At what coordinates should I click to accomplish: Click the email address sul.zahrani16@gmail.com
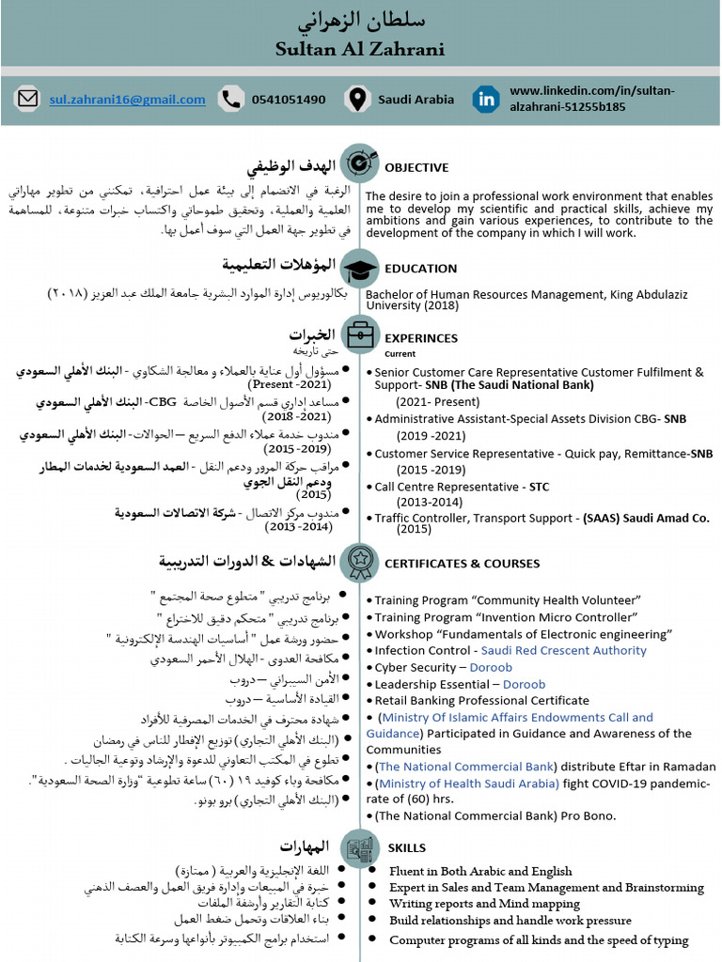[x=127, y=100]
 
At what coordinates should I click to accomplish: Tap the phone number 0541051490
[x=289, y=100]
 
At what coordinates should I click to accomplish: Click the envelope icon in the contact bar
[x=28, y=99]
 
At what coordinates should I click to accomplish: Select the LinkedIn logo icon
[x=486, y=99]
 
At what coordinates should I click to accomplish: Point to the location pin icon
[x=356, y=99]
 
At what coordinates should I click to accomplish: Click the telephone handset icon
[x=229, y=99]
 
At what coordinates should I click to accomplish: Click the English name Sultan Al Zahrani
[x=360, y=49]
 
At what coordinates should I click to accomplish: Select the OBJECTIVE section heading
[x=416, y=167]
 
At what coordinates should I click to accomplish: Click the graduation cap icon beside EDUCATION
[x=359, y=270]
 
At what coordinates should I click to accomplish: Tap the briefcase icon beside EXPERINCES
[x=359, y=334]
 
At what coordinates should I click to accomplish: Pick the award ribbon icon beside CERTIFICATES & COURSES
[x=359, y=562]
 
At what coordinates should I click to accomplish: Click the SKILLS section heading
[x=407, y=847]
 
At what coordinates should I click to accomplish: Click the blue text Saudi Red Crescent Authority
[x=563, y=650]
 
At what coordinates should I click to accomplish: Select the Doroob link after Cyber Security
[x=491, y=667]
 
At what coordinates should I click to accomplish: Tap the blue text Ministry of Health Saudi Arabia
[x=467, y=783]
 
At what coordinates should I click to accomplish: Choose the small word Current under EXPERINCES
[x=400, y=354]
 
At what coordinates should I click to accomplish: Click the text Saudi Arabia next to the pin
[x=416, y=100]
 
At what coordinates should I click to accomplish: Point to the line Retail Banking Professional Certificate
[x=481, y=700]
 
